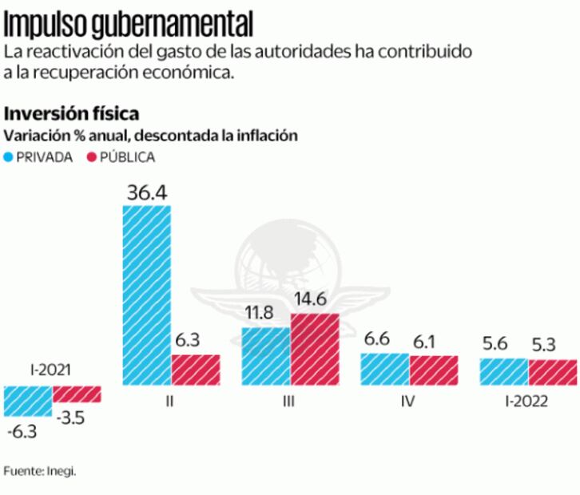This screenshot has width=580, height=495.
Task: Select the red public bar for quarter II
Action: [x=196, y=370]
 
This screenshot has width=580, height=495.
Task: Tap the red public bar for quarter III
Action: [x=315, y=349]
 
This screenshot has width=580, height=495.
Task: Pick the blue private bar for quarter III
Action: [x=266, y=355]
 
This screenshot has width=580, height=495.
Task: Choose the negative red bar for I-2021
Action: [x=77, y=394]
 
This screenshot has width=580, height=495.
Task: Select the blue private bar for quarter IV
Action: [x=384, y=369]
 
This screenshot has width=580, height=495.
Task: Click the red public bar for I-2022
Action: [x=552, y=371]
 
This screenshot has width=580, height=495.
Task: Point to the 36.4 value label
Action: [x=146, y=192]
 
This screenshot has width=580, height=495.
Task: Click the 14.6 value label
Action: [x=315, y=301]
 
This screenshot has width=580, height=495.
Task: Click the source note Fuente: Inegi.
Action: [x=40, y=471]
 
